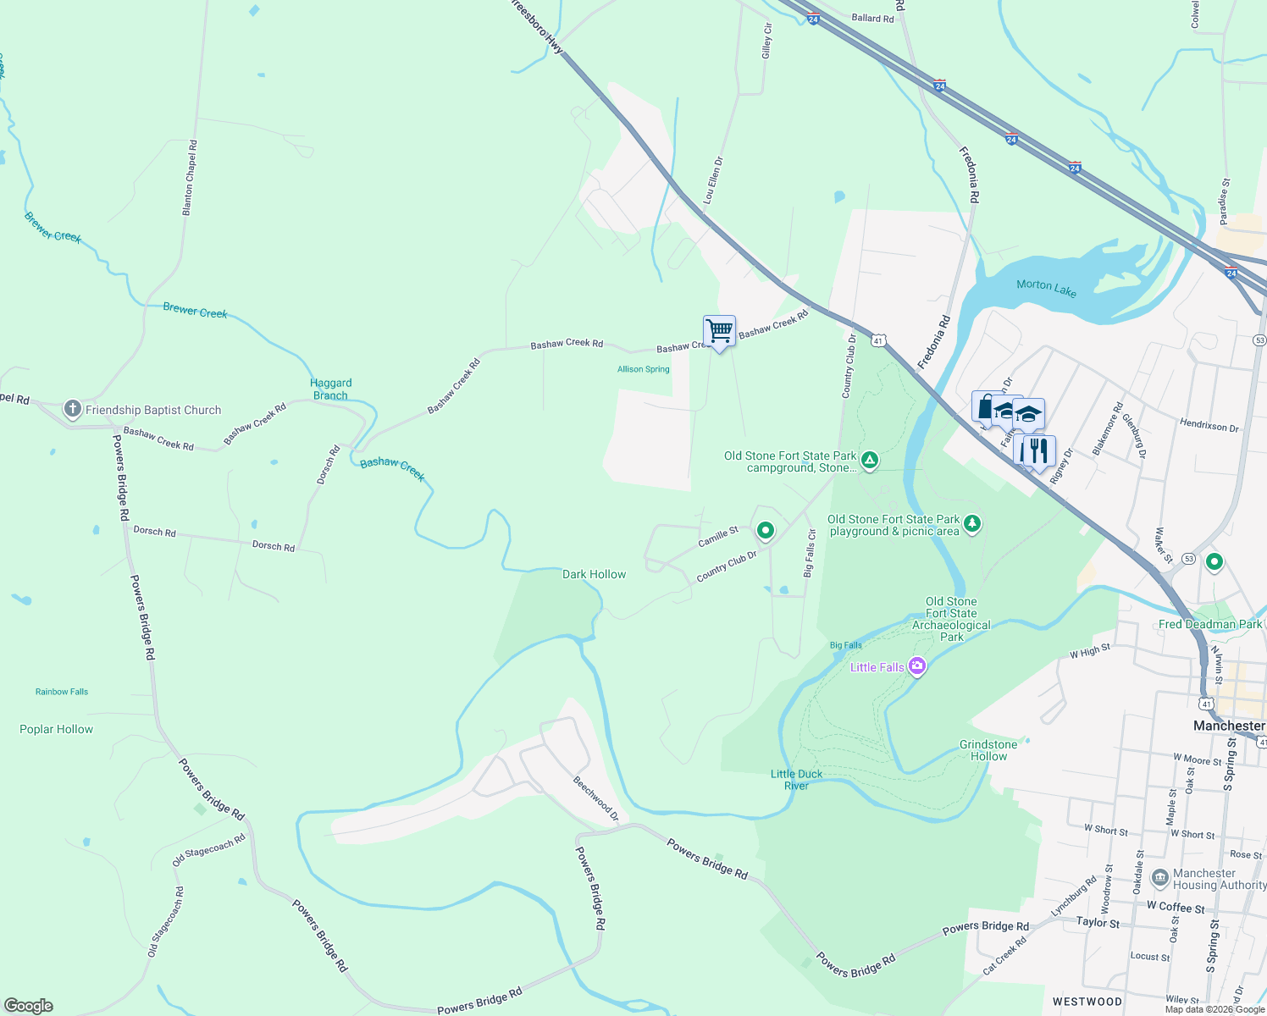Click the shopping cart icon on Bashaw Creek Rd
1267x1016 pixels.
point(719,331)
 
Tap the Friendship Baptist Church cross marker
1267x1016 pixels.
point(73,410)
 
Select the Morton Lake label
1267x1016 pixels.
point(1046,288)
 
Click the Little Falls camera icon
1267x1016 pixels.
point(916,667)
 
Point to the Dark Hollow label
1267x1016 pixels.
point(594,574)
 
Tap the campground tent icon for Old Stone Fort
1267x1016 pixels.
point(869,461)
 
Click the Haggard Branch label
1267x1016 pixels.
point(330,389)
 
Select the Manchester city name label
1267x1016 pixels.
point(1228,726)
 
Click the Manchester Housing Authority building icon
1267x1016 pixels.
point(1160,878)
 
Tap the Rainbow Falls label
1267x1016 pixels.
point(62,692)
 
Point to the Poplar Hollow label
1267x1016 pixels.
point(56,729)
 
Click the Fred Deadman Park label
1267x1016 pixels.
point(1209,624)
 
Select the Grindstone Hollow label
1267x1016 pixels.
point(988,750)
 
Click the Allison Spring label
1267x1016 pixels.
point(643,369)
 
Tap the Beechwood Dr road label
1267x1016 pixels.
point(596,799)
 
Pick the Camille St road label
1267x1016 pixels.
point(718,536)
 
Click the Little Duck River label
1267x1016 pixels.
point(796,780)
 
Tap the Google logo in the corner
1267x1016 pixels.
point(28,1006)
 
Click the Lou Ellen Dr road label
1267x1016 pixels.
point(713,180)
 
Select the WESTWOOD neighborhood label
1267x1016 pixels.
point(1087,1002)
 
